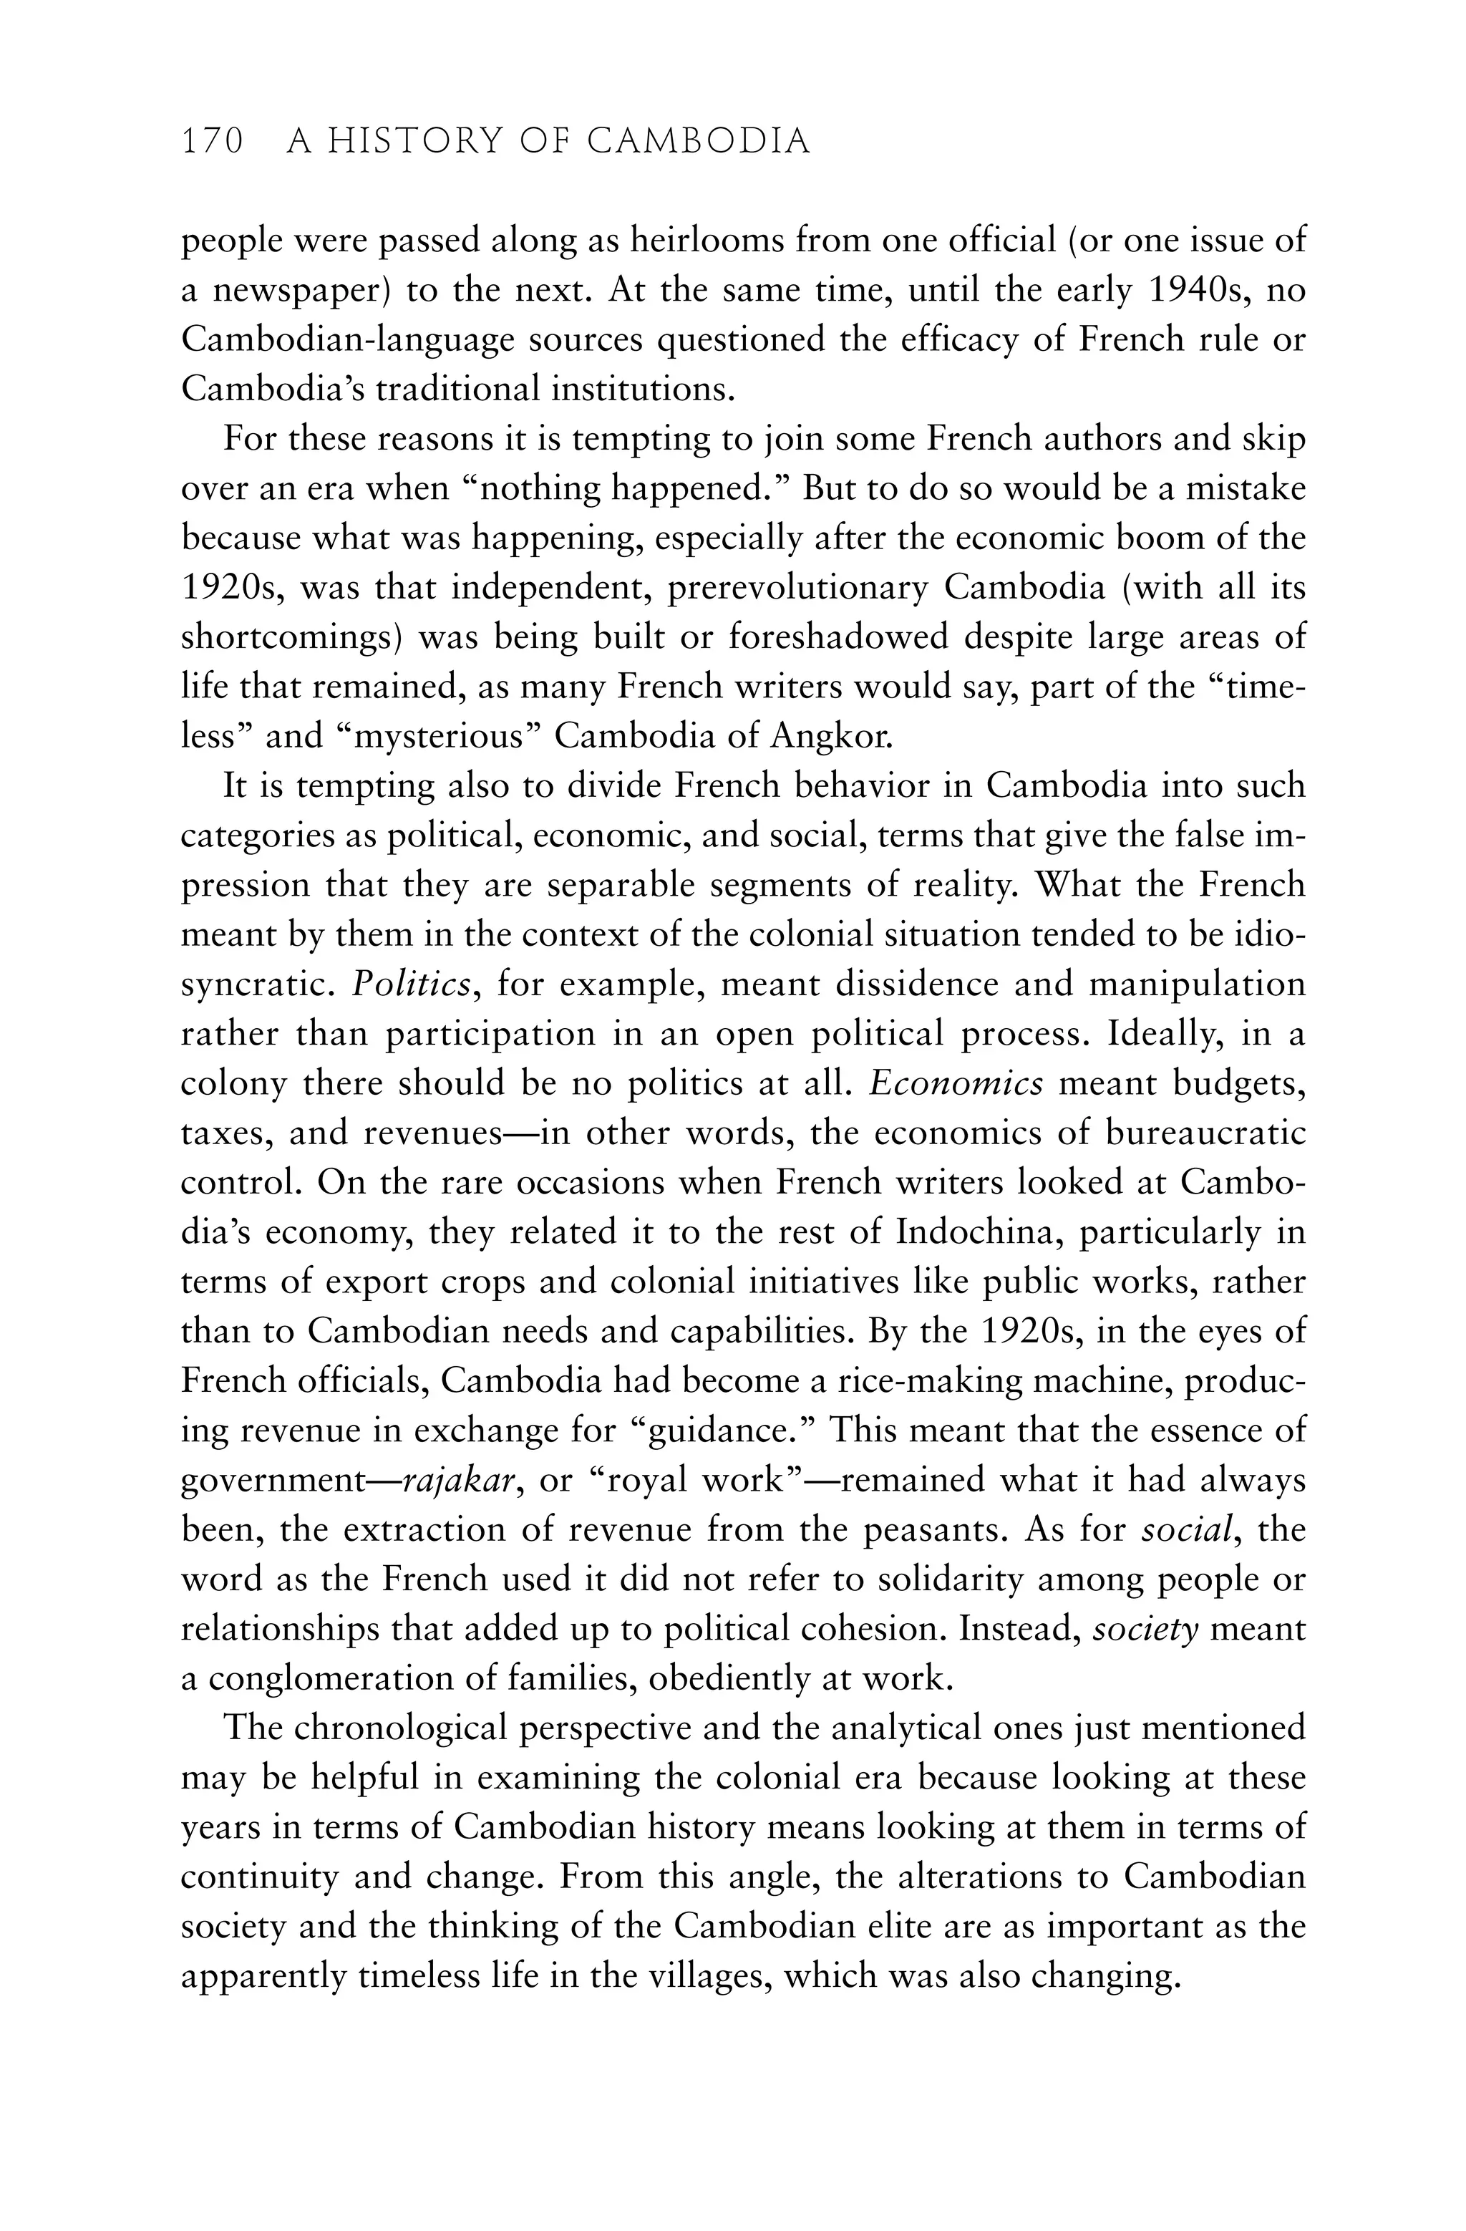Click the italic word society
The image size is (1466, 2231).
coord(1146,1629)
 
